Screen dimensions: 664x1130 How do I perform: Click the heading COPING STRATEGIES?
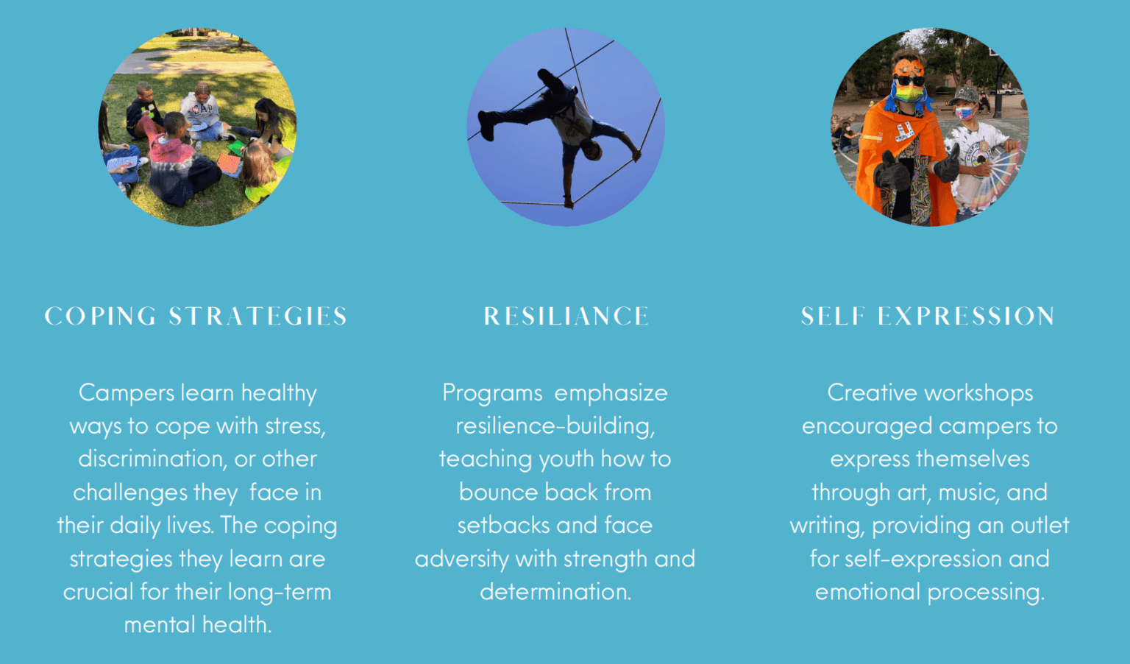196,317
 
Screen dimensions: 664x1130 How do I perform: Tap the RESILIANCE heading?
566,317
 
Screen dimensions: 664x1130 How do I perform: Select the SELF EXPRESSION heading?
928,317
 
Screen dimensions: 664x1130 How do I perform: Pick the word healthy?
279,393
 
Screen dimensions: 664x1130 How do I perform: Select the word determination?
555,592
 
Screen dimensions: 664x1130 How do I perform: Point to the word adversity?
461,559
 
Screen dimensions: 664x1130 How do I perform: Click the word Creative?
870,393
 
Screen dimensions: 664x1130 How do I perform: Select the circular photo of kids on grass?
198,127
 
